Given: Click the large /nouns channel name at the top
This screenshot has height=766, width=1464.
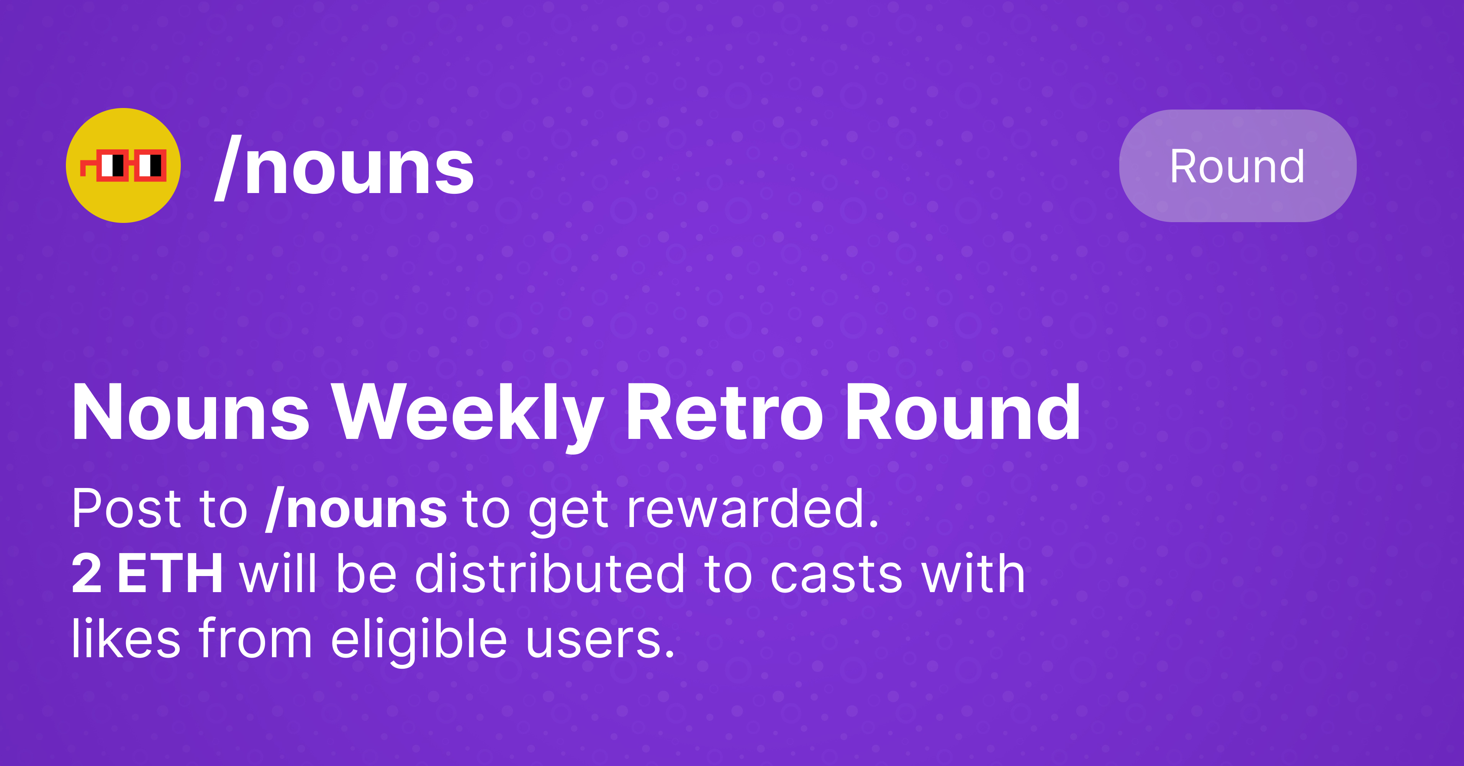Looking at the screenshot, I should [x=344, y=168].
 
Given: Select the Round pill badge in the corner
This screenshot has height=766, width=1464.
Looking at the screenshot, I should [x=1237, y=166].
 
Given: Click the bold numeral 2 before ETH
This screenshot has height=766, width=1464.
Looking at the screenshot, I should [x=87, y=574].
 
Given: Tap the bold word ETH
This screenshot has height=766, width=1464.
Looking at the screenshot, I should [x=169, y=574].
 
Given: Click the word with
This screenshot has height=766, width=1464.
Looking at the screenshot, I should [x=973, y=574].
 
